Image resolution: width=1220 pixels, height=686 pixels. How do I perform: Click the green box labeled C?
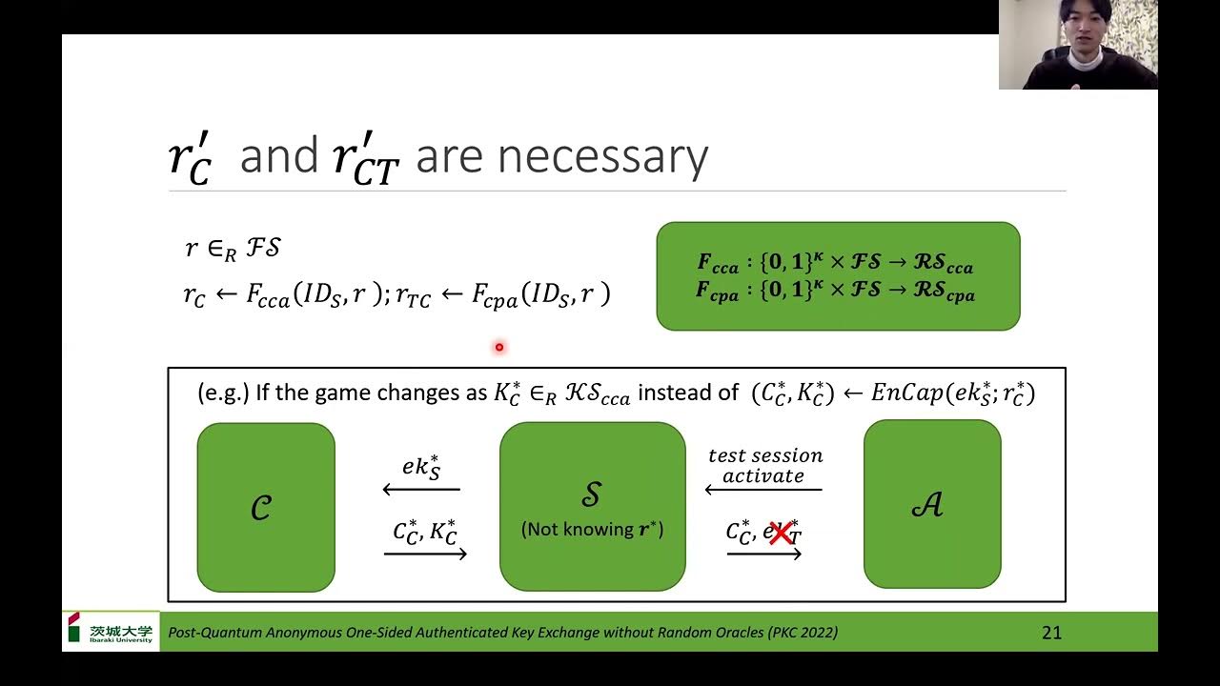[266, 507]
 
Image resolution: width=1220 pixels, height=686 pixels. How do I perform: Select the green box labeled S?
[592, 506]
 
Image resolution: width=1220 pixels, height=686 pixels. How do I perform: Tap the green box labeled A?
[931, 504]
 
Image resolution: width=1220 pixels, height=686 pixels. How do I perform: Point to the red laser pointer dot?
[498, 348]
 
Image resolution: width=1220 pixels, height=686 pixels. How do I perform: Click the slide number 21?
[1051, 633]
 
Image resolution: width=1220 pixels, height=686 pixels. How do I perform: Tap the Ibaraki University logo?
[111, 632]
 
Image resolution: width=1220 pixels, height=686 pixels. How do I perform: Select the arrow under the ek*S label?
[421, 490]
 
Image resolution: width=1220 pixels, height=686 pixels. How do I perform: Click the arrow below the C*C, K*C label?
[425, 554]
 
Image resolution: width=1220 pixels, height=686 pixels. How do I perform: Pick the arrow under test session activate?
[762, 490]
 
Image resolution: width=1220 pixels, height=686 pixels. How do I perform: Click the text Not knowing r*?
[592, 530]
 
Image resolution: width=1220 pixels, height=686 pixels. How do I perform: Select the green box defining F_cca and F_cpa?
[838, 276]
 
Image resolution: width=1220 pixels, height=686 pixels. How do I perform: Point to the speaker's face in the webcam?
[1085, 29]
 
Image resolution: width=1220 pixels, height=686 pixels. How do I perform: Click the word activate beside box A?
[763, 475]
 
